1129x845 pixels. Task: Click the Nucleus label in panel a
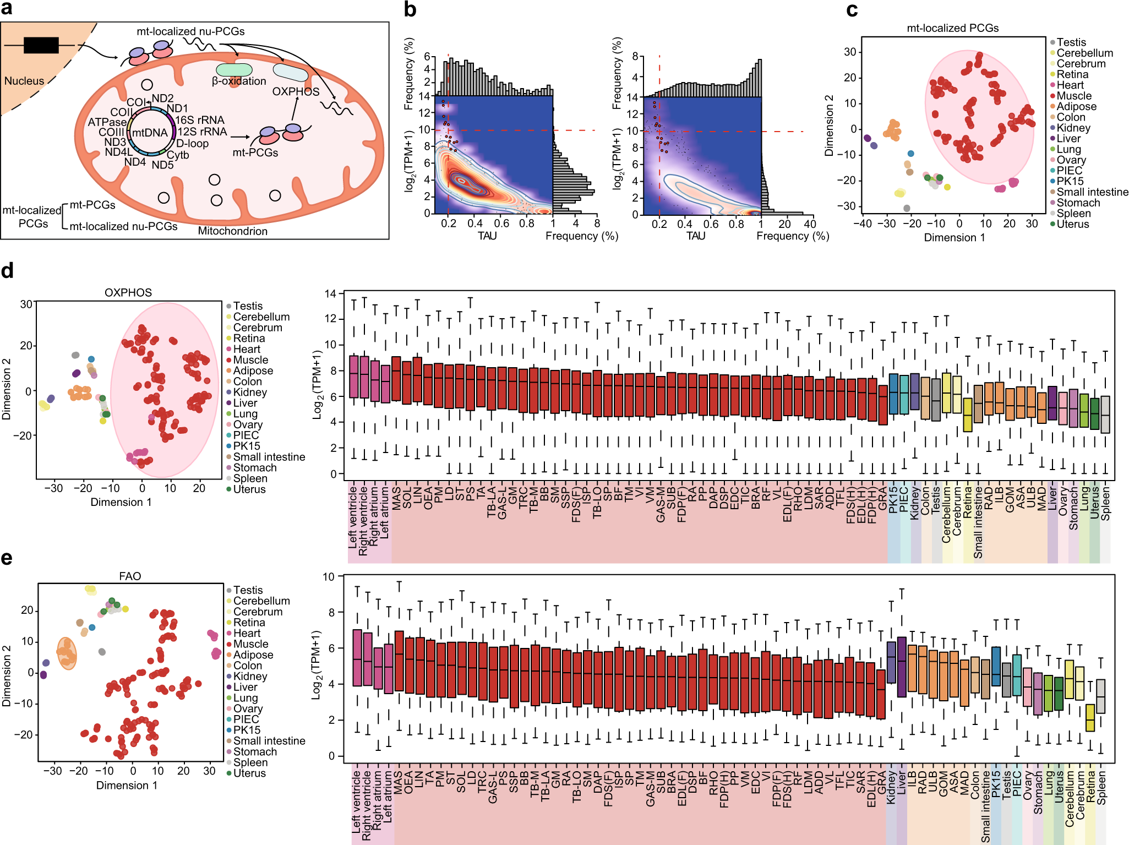click(24, 81)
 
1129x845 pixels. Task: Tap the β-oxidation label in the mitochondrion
click(239, 81)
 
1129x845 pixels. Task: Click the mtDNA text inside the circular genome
click(150, 133)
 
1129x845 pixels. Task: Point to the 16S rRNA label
click(199, 120)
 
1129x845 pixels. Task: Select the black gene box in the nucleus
click(41, 45)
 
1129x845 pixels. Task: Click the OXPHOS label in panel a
click(296, 91)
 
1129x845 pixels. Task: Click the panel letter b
click(410, 9)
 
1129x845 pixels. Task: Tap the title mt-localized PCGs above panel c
click(952, 28)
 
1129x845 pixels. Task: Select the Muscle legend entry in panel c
click(1073, 96)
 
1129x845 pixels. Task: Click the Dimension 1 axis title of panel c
click(954, 237)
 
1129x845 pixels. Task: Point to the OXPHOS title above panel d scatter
click(128, 292)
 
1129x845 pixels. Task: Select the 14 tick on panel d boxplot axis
click(330, 293)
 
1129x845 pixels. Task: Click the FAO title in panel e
click(130, 576)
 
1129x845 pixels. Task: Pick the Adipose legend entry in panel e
click(252, 655)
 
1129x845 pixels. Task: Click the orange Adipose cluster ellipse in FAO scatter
click(67, 653)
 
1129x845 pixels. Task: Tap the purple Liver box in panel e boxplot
click(902, 667)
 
